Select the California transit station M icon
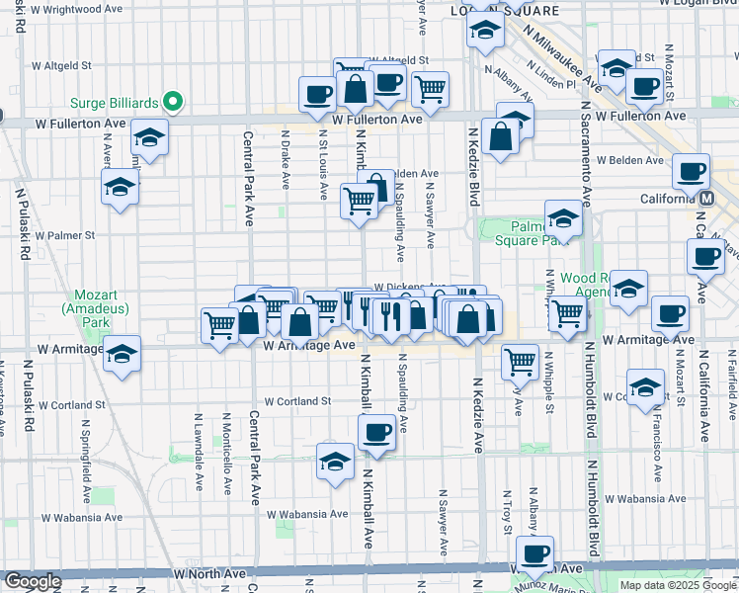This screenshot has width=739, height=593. pos(706,198)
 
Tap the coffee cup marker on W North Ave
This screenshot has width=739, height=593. pos(534,554)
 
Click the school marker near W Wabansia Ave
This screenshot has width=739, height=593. pos(335,462)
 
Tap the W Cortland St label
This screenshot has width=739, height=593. pos(296,401)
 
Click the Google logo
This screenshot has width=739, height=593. pos(32,581)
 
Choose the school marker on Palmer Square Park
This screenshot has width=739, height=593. pos(563,218)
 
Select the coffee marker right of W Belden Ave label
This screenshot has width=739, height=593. pos(690,172)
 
